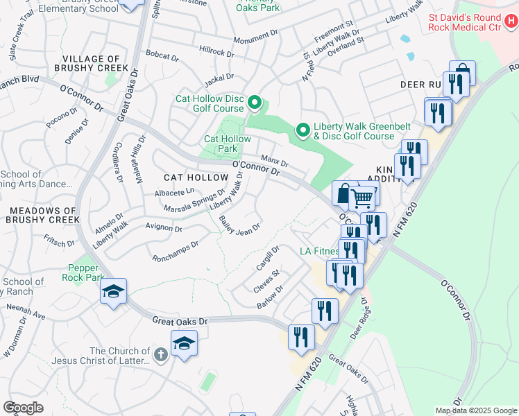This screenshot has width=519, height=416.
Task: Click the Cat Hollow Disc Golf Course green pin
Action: point(254,104)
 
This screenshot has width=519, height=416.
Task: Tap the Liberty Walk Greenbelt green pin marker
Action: point(303,130)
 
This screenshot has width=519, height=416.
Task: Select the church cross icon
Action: point(160,356)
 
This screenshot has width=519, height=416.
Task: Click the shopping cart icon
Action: point(361,198)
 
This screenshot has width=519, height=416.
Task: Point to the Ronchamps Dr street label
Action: point(176,250)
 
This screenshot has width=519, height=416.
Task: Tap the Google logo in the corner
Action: point(23,407)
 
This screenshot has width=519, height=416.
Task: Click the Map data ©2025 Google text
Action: point(475,410)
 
